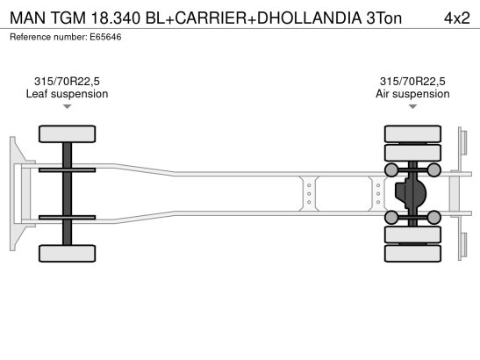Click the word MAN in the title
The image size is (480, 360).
[x=28, y=17]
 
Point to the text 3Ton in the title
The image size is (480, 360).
[x=384, y=17]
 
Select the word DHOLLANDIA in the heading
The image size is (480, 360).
[x=298, y=17]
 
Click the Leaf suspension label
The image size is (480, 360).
[x=67, y=94]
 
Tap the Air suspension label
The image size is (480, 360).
[x=412, y=94]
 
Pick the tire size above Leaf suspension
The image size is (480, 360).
[x=67, y=81]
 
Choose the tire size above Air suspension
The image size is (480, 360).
[x=412, y=81]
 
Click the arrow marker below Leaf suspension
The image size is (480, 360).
[x=67, y=107]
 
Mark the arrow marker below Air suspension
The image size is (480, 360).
[x=412, y=107]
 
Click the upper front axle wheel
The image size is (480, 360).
[x=67, y=134]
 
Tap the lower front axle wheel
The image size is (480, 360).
[x=67, y=252]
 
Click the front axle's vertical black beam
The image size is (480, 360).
[x=67, y=193]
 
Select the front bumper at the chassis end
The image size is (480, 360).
[x=15, y=193]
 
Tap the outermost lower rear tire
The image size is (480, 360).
[x=412, y=255]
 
